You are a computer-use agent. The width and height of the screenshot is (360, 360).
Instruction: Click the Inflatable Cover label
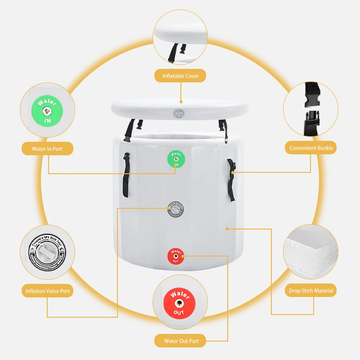(x=180, y=76)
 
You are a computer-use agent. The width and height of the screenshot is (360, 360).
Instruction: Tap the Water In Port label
(x=47, y=148)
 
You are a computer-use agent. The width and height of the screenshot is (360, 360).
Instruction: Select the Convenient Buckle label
(x=311, y=148)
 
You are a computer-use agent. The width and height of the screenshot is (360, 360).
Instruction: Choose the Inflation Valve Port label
(x=47, y=291)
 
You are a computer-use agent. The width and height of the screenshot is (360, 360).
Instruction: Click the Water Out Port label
(x=181, y=341)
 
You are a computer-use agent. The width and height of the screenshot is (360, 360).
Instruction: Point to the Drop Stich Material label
(x=311, y=291)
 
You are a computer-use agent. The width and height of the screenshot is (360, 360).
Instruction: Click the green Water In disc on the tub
(x=176, y=159)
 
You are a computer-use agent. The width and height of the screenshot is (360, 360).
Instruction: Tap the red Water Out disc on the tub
(x=176, y=256)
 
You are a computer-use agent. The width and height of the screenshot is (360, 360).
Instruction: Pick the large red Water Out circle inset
(x=180, y=299)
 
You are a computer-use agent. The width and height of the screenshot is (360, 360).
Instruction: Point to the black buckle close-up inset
(x=310, y=109)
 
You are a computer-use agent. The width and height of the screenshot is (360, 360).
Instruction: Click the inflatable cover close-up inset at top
(x=180, y=38)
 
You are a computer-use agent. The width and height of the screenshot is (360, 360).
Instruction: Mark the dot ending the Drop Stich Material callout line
(x=227, y=229)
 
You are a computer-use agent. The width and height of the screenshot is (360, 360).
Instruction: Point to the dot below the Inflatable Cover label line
(x=181, y=102)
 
